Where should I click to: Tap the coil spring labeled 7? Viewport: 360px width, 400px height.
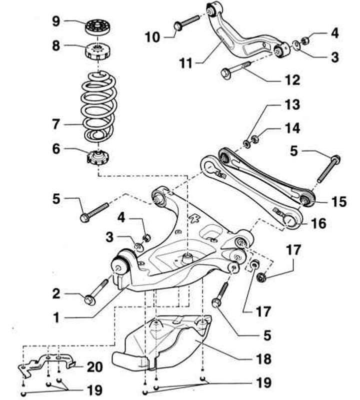(x=98, y=108)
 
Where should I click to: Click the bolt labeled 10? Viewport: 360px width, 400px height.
(x=187, y=23)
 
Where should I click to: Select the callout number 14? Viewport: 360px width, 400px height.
(x=292, y=129)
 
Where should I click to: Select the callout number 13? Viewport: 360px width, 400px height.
(x=292, y=106)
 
